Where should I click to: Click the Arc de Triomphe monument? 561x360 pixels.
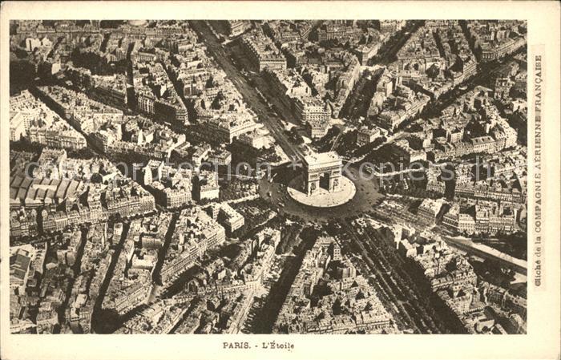click(322, 172)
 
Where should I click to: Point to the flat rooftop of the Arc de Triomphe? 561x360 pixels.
click(321, 159)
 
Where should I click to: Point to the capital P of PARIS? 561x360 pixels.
click(225, 346)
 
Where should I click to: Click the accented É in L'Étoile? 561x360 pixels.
click(271, 346)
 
